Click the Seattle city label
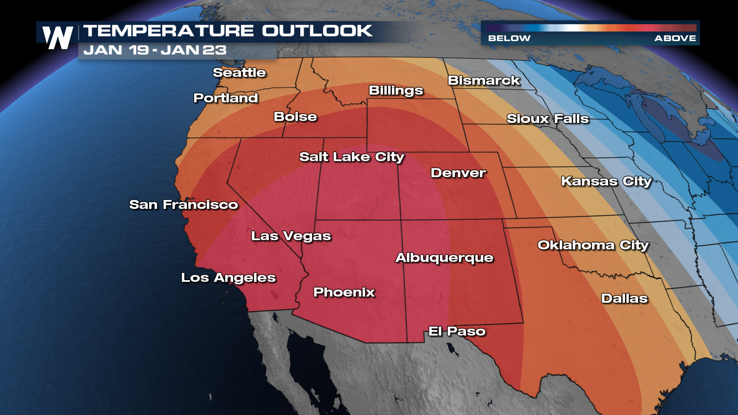(x=239, y=72)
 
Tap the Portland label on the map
(x=226, y=98)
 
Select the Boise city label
(x=295, y=116)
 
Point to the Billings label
(x=396, y=90)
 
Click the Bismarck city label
(x=484, y=80)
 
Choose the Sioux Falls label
(x=547, y=118)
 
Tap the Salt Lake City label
(x=352, y=157)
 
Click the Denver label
(x=458, y=173)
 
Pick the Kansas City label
(x=606, y=181)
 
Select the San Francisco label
(x=183, y=204)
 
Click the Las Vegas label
(x=291, y=236)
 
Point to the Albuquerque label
(x=444, y=257)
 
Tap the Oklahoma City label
(x=593, y=245)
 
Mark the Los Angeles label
(x=228, y=277)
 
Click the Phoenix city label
(x=344, y=292)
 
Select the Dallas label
(x=624, y=298)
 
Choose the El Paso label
(x=457, y=331)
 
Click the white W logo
(x=58, y=38)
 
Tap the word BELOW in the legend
(x=509, y=38)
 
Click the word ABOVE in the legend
(x=675, y=38)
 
